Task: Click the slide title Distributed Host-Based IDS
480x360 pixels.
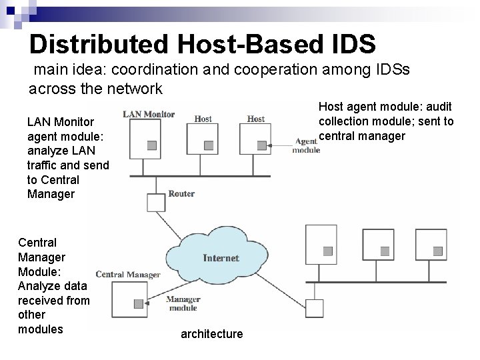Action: (x=203, y=44)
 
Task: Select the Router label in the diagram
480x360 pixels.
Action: (x=181, y=194)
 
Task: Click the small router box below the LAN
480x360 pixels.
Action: (x=155, y=201)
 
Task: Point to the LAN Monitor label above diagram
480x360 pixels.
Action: (x=149, y=114)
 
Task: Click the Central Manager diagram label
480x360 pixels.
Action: (x=128, y=274)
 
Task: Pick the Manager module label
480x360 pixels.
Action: (x=182, y=303)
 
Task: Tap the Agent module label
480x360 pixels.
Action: (x=305, y=145)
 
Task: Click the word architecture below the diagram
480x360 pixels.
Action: (x=212, y=333)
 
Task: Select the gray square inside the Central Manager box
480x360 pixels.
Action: (x=138, y=303)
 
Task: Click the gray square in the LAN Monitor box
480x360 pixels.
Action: (x=152, y=145)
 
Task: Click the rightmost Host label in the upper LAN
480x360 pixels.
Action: (x=256, y=119)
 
